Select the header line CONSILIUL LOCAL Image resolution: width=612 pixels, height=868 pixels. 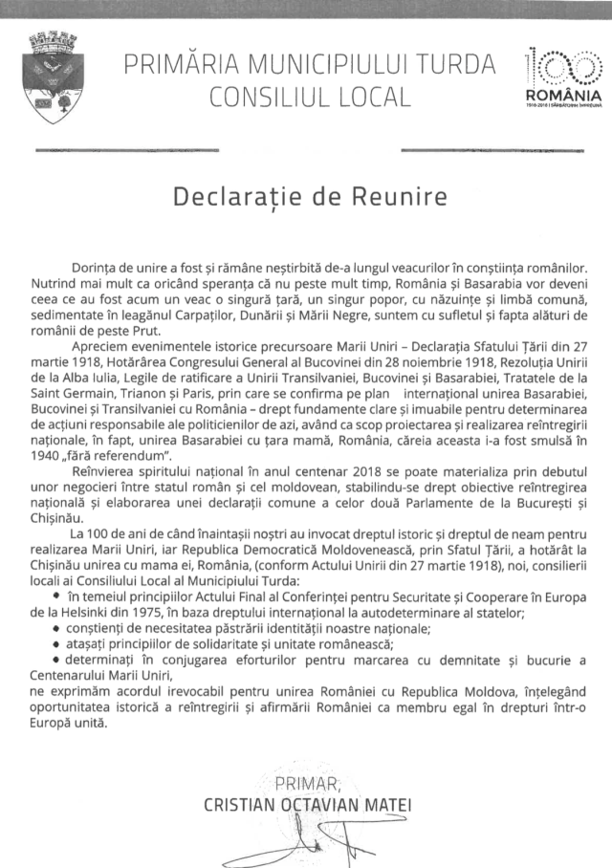click(x=311, y=98)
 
